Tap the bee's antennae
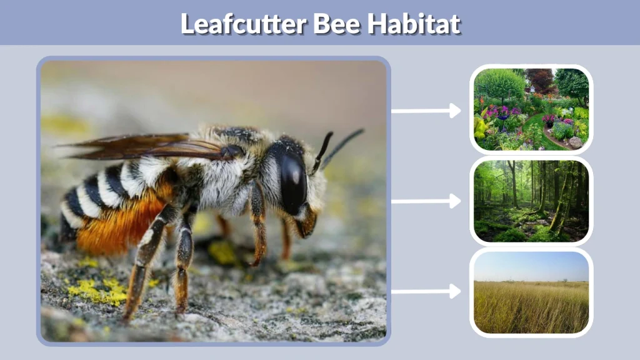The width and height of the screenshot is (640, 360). point(337,147)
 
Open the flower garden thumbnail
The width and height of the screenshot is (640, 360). point(531,109)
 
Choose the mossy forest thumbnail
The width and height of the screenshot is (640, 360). point(531,201)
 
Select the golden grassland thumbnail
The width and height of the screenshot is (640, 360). point(531,292)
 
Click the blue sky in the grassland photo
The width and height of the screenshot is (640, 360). point(531,266)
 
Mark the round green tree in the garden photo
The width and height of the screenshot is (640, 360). point(499,84)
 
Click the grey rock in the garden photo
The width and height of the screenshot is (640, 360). point(575,142)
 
